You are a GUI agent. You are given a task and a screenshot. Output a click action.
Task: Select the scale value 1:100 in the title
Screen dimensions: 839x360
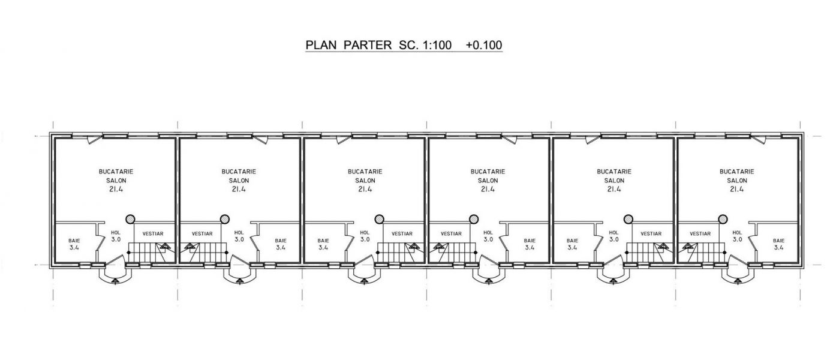pyautogui.click(x=437, y=45)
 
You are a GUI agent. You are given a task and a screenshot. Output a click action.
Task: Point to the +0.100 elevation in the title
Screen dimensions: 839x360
pyautogui.click(x=484, y=45)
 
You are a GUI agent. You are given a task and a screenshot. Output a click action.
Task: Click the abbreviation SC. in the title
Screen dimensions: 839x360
pyautogui.click(x=407, y=45)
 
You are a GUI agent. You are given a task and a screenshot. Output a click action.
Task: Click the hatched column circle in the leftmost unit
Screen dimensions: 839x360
pyautogui.click(x=130, y=219)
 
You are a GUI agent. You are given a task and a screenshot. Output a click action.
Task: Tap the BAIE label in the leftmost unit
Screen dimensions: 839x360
pyautogui.click(x=74, y=241)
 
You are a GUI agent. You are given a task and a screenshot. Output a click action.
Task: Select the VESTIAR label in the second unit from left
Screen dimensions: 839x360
pyautogui.click(x=202, y=234)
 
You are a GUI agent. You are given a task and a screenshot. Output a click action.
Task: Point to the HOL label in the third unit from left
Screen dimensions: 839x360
pyautogui.click(x=365, y=233)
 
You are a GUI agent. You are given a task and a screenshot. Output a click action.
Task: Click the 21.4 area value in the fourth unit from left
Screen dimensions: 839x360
pyautogui.click(x=488, y=189)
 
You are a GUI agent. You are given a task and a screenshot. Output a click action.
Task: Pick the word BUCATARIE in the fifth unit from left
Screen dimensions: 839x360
pyautogui.click(x=614, y=172)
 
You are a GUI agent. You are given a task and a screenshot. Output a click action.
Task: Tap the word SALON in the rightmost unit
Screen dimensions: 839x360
pyautogui.click(x=736, y=181)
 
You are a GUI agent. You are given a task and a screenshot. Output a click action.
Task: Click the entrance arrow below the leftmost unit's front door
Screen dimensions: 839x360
pyautogui.click(x=115, y=281)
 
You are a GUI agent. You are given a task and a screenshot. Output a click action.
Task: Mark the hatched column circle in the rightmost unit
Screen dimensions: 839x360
pyautogui.click(x=723, y=219)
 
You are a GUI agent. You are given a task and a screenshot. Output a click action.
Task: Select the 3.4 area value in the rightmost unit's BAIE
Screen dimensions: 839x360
pyautogui.click(x=778, y=247)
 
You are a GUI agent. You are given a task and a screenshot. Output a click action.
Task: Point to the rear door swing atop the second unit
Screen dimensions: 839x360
pyautogui.click(x=261, y=139)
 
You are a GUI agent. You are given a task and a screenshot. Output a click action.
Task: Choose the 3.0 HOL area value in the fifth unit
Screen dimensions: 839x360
pyautogui.click(x=614, y=239)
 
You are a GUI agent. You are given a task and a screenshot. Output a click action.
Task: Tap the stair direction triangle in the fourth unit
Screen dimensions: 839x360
pyautogui.click(x=438, y=246)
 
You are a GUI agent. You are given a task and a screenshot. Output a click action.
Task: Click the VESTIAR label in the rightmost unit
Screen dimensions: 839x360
pyautogui.click(x=700, y=234)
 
